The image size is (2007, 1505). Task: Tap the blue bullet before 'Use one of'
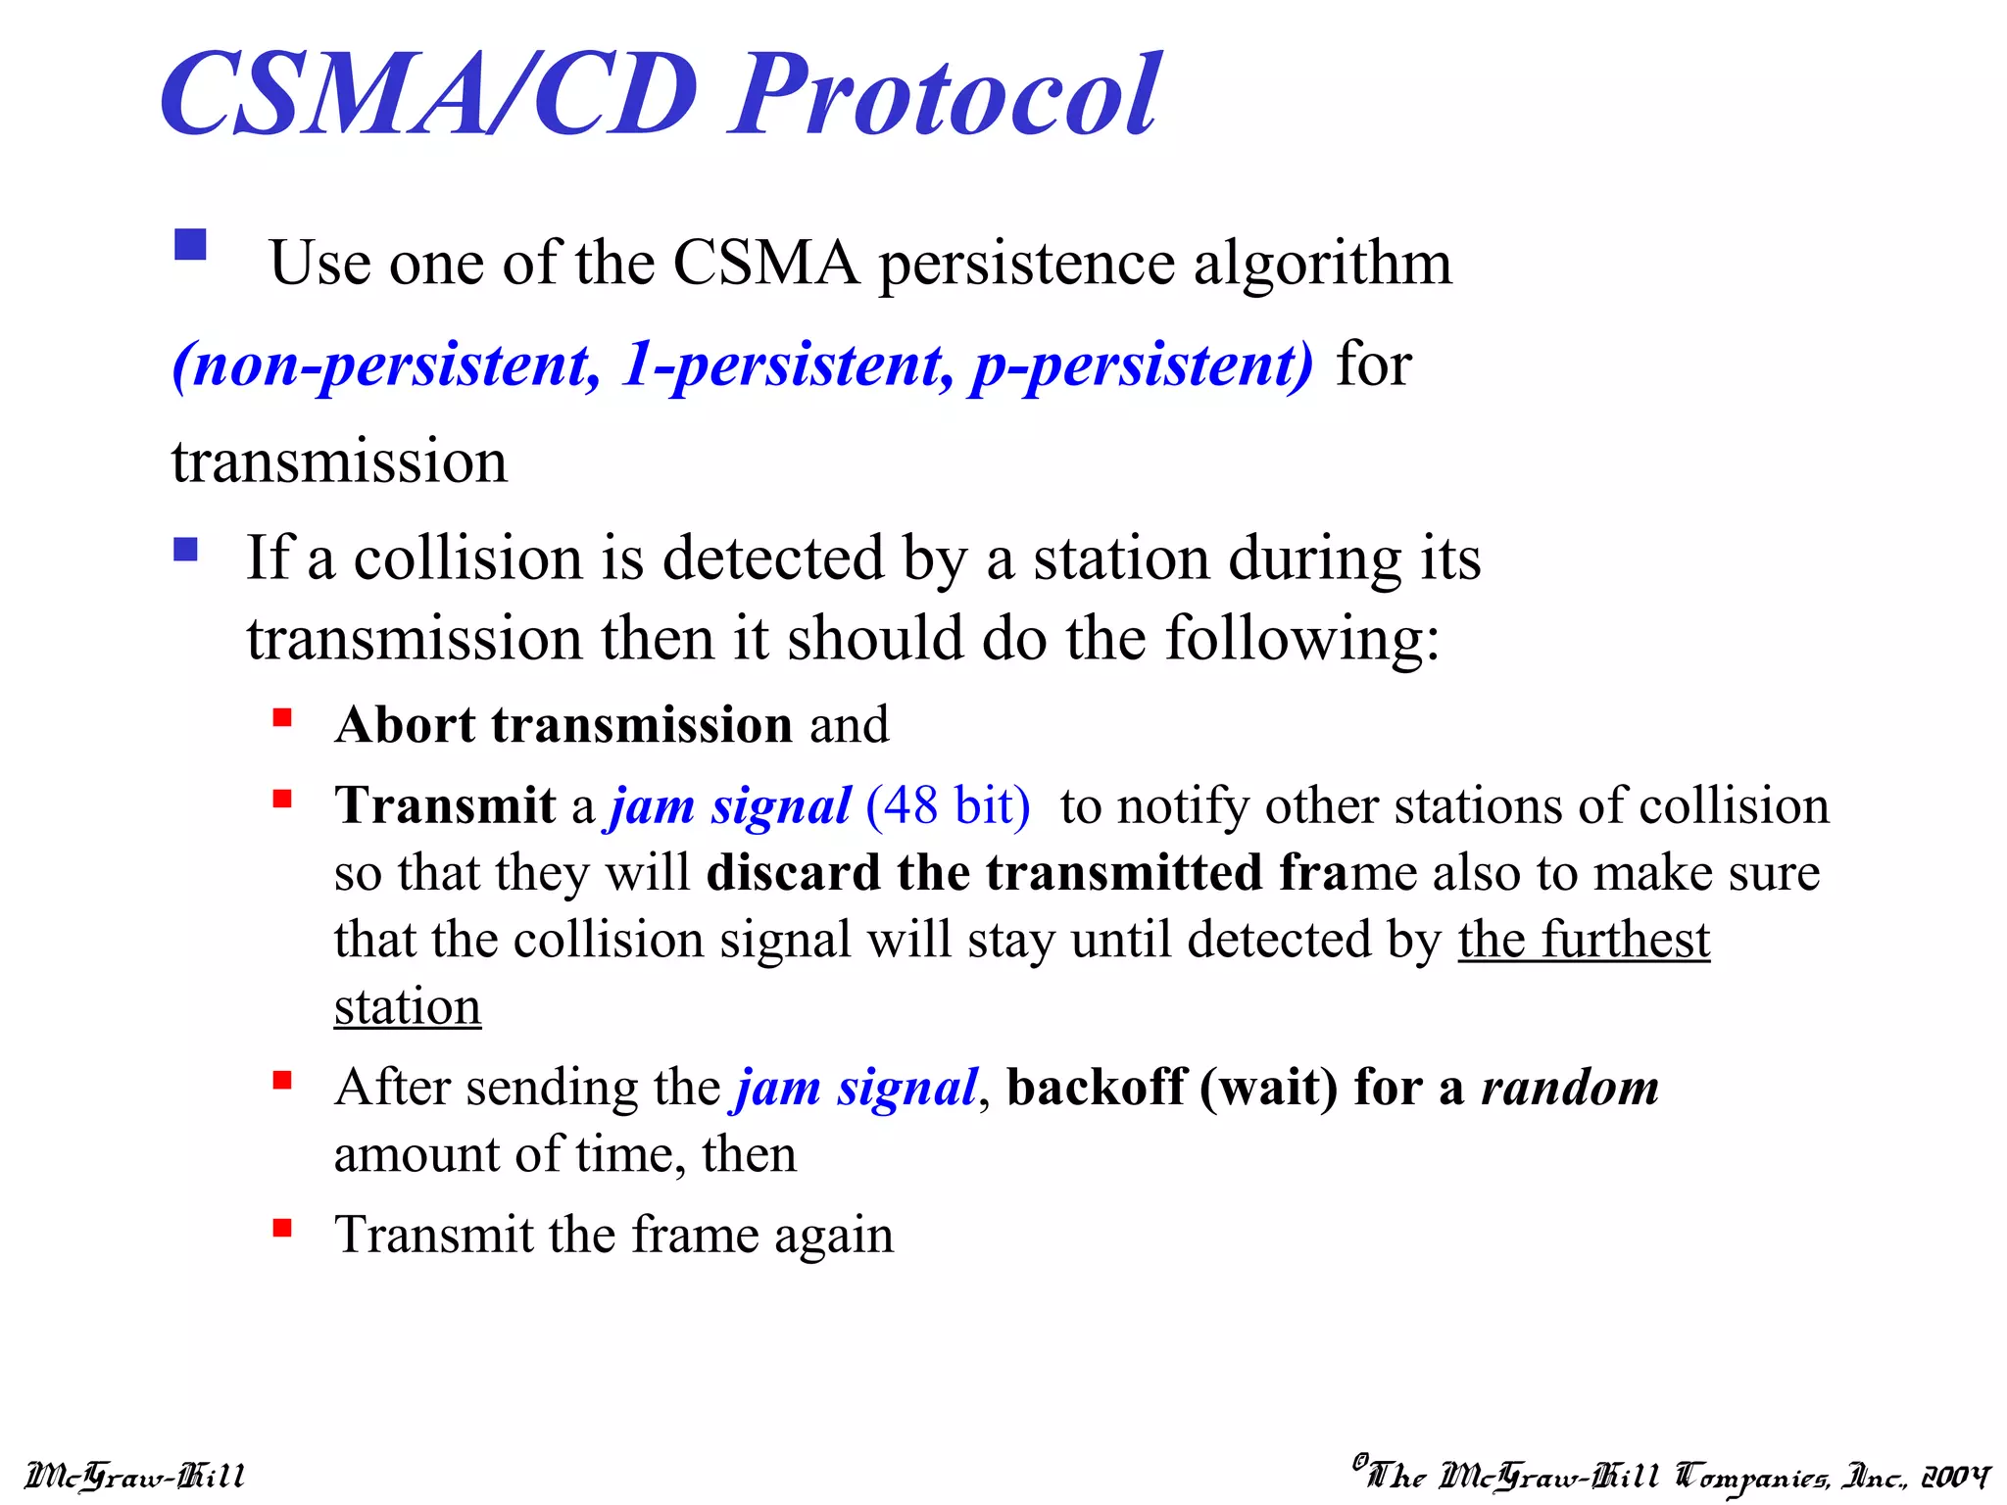click(190, 244)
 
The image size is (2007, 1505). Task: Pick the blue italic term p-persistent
click(1142, 365)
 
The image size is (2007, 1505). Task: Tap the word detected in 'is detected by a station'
click(773, 558)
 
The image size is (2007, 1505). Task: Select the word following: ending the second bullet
click(1302, 640)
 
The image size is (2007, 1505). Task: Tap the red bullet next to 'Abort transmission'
click(282, 718)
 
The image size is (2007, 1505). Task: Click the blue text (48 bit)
click(948, 806)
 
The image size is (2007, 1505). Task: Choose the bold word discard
click(793, 873)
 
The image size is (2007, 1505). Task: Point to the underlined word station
click(407, 1007)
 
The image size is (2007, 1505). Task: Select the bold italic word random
click(1569, 1088)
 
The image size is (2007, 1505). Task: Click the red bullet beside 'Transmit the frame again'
click(282, 1228)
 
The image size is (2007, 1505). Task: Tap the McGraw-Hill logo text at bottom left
click(134, 1476)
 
